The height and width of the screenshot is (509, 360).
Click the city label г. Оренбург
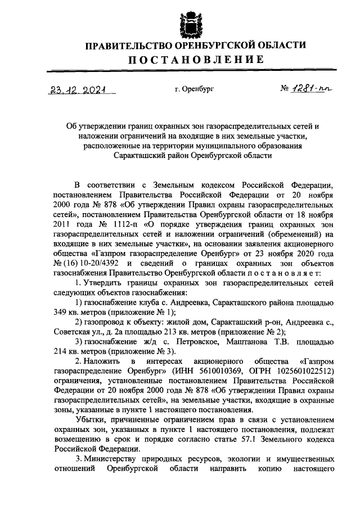194,89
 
